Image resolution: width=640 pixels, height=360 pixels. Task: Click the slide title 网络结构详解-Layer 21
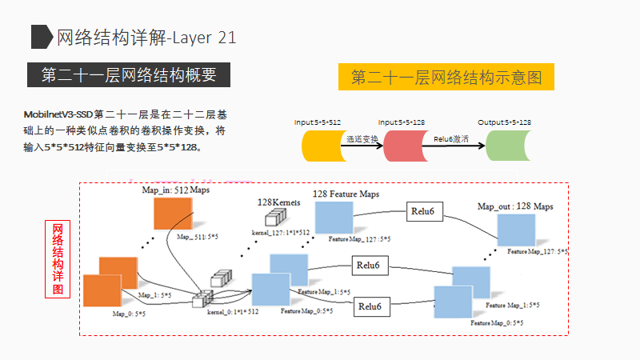tap(146, 38)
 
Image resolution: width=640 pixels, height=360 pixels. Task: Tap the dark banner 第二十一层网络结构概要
tap(129, 75)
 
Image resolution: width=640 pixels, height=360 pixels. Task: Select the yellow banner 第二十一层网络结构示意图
tap(446, 78)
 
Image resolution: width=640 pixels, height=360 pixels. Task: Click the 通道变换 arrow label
tap(362, 138)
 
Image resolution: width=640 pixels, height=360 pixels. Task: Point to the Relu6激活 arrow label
tap(451, 138)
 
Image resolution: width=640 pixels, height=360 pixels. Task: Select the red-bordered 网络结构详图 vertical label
tap(58, 260)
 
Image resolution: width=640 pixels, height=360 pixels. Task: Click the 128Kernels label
tap(278, 203)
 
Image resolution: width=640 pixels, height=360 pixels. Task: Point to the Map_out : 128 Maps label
tap(515, 206)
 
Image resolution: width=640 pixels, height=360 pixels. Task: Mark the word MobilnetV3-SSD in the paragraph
tap(57, 115)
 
